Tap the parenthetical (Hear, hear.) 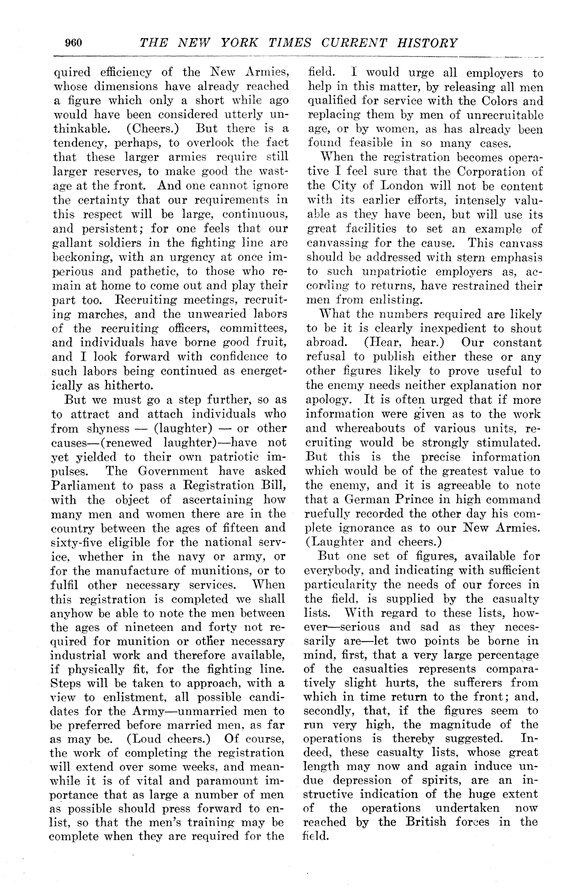tap(404, 342)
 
